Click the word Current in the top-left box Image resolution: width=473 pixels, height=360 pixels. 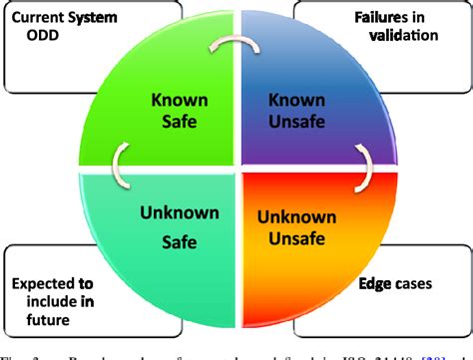[x=37, y=16]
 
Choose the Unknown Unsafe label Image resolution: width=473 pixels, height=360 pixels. [x=296, y=228]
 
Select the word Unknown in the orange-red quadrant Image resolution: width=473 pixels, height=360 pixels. [x=296, y=217]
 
